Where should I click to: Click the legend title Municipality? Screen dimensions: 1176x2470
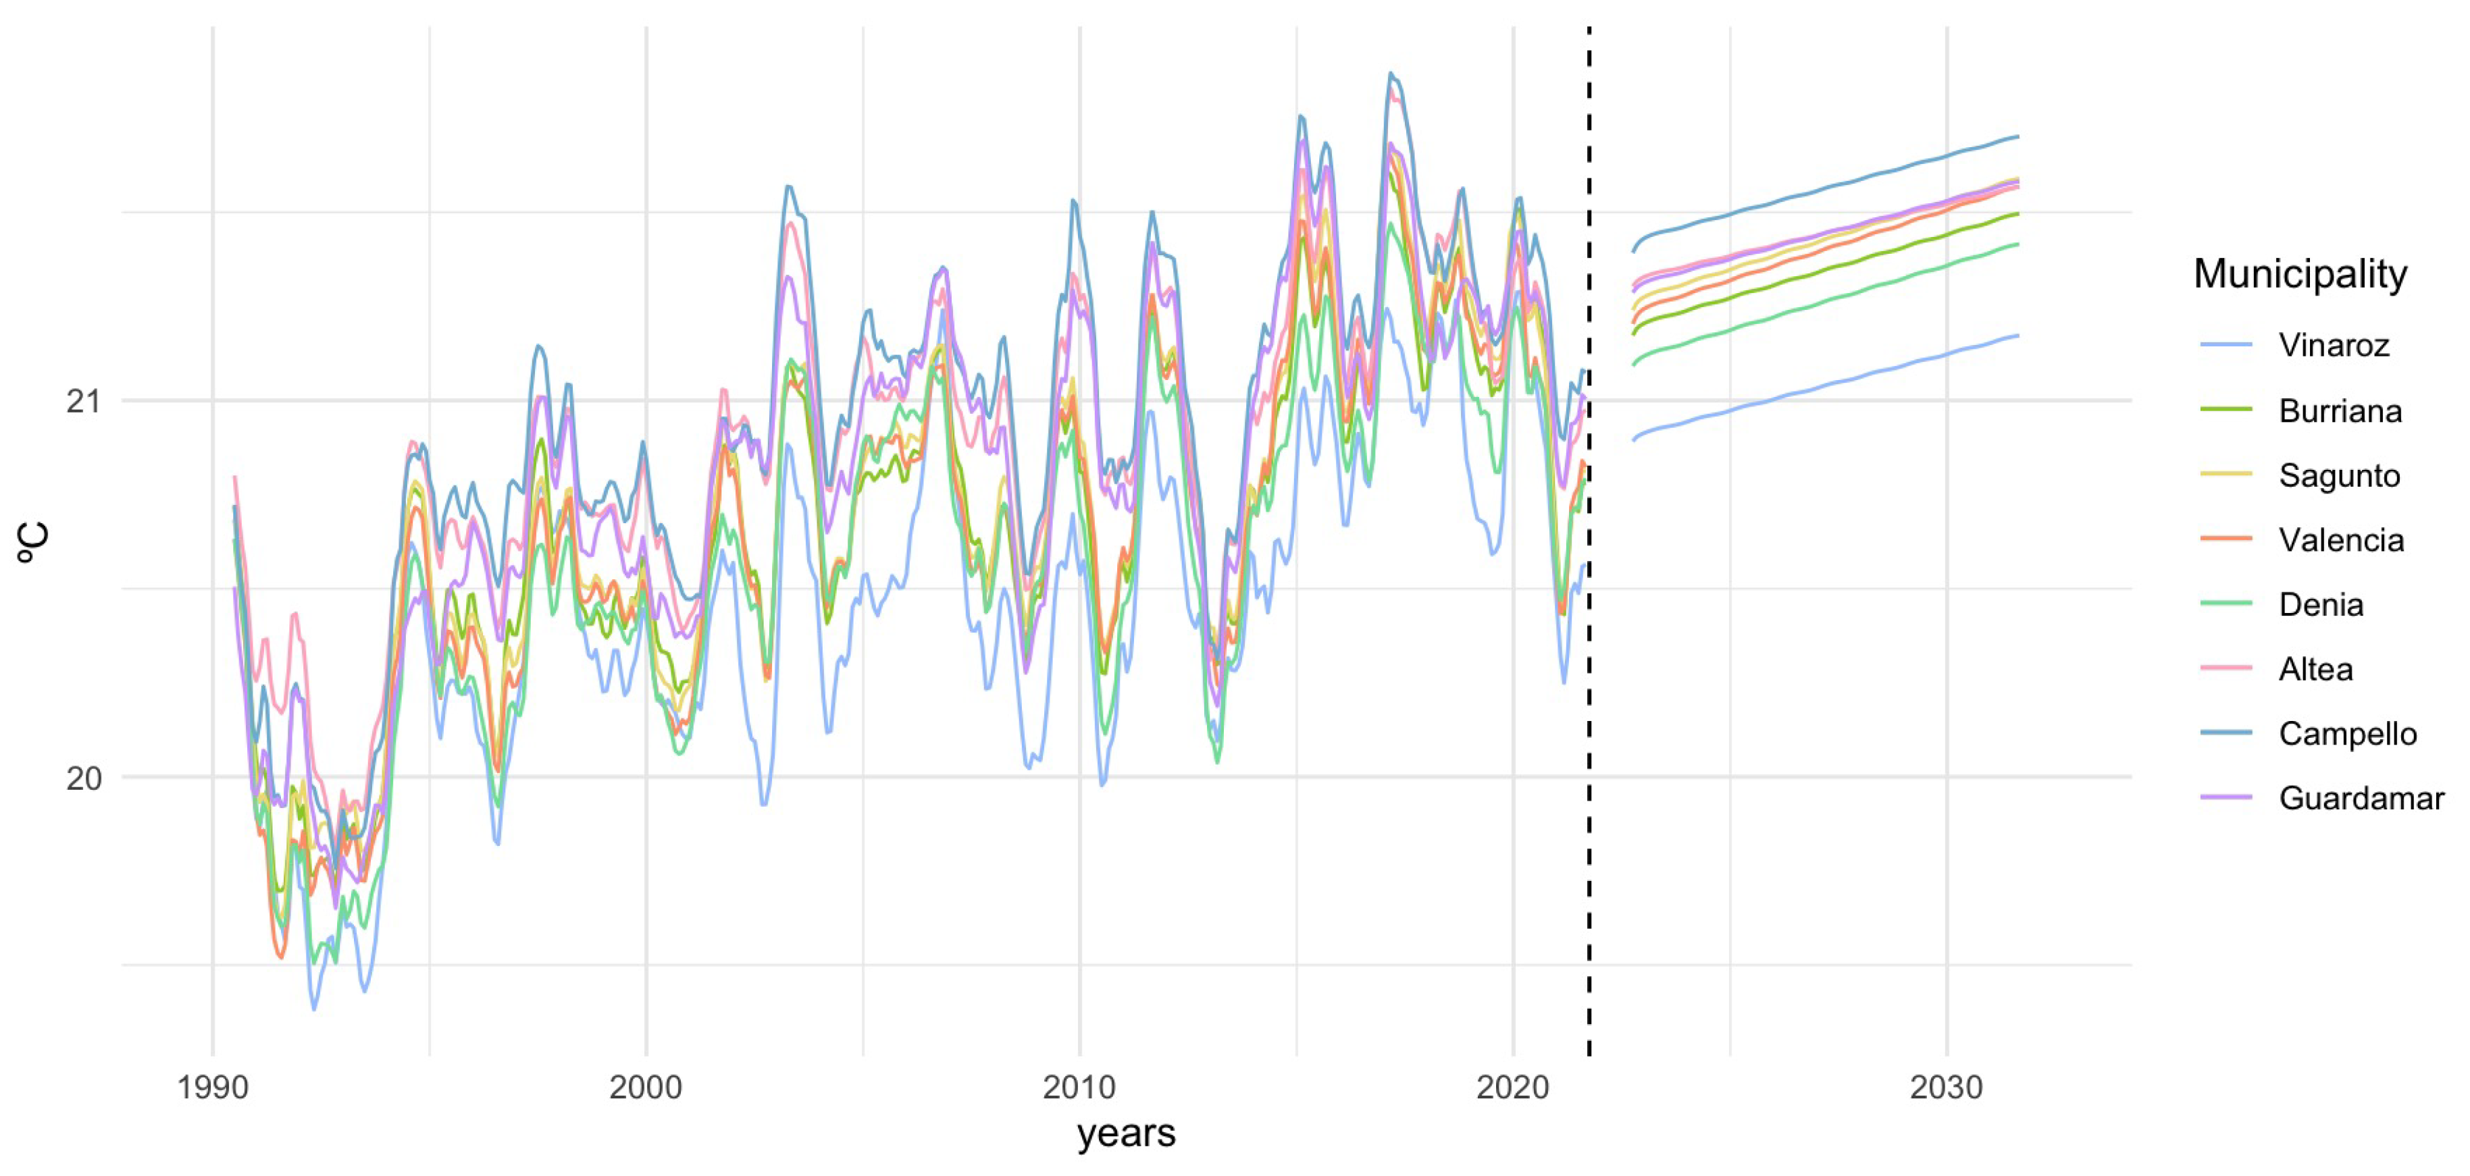[x=2299, y=274]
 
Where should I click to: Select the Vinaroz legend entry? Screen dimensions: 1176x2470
[x=2333, y=345]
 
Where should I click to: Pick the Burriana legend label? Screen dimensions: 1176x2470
[x=2340, y=410]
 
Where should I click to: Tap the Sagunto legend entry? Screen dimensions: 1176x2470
[x=2339, y=475]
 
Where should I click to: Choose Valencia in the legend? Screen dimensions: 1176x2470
[x=2340, y=539]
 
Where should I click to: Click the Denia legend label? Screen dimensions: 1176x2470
[x=2321, y=605]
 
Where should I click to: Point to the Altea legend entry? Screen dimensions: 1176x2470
[x=2315, y=669]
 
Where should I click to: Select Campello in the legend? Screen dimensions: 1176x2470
[x=2347, y=733]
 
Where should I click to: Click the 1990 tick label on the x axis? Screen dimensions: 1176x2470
[x=213, y=1088]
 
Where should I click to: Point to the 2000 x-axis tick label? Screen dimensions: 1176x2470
[x=646, y=1088]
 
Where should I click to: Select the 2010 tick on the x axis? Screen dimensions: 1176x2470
[x=1080, y=1088]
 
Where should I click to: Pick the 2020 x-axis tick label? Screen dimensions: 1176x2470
[x=1513, y=1088]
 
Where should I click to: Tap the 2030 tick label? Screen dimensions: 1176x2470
[x=1947, y=1088]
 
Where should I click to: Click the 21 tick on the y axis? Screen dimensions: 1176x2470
[x=84, y=400]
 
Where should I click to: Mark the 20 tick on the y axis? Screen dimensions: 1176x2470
[x=84, y=777]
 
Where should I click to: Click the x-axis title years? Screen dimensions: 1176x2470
[x=1126, y=1134]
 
